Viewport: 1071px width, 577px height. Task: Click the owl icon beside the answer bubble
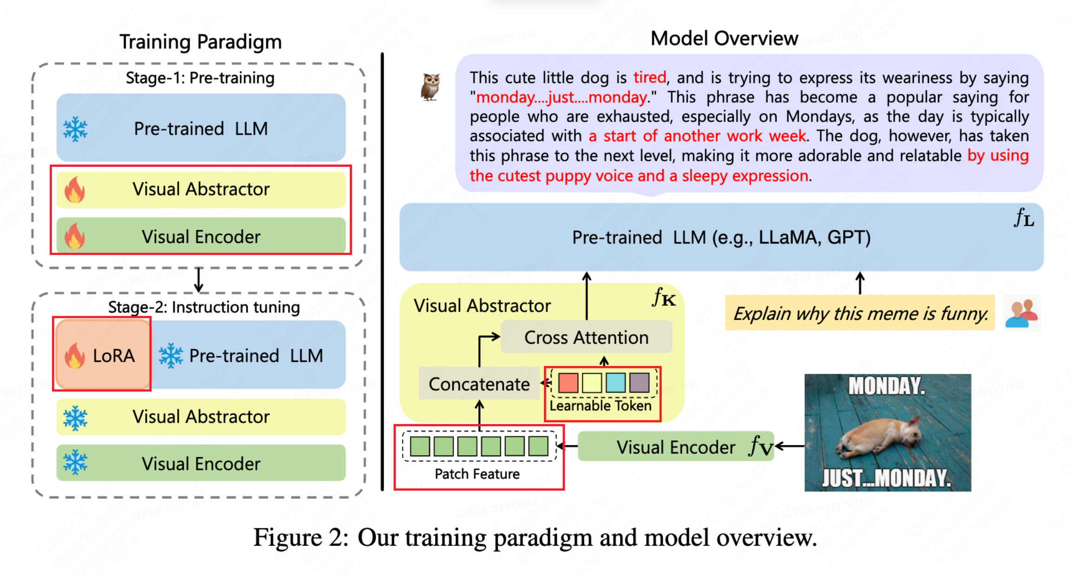click(430, 87)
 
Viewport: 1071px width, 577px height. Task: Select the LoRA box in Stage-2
click(102, 354)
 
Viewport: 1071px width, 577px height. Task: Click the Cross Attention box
click(586, 337)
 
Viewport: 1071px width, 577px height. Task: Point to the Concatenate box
click(479, 384)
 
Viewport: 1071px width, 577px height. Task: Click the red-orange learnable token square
click(568, 383)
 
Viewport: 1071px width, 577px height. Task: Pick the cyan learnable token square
click(615, 383)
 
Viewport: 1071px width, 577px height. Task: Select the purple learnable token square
click(639, 383)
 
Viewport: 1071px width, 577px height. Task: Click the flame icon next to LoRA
click(74, 356)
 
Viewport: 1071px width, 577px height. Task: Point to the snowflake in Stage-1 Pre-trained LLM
click(75, 129)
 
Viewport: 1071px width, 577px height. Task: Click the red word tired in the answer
click(649, 77)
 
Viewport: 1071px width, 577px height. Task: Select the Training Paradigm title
click(200, 42)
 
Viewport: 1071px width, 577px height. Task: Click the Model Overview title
click(724, 39)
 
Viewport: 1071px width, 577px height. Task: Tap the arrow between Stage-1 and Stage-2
click(199, 280)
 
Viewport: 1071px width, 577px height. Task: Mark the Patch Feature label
click(477, 474)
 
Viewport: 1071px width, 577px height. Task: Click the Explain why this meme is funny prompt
click(860, 314)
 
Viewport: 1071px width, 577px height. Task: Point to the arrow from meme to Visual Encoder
click(790, 446)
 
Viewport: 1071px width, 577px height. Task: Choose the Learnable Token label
click(600, 406)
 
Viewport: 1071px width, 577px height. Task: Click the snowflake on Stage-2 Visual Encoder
click(75, 463)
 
